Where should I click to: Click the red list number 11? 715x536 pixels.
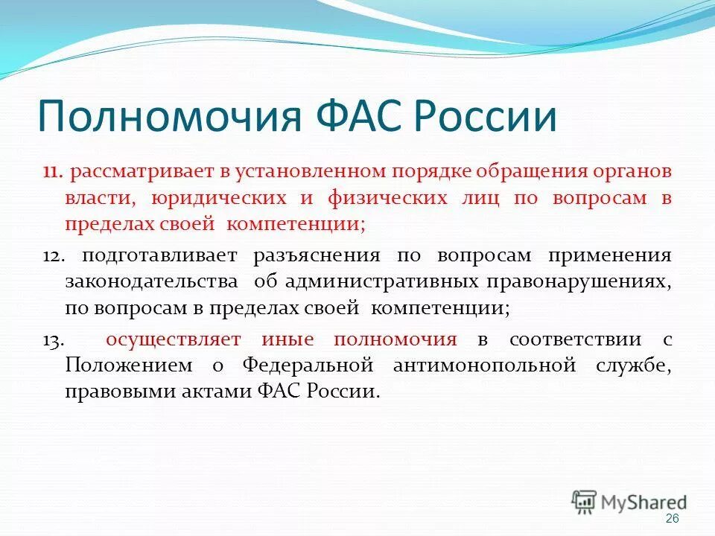click(x=52, y=172)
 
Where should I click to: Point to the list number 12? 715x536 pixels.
click(x=54, y=256)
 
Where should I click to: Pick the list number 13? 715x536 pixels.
click(x=54, y=340)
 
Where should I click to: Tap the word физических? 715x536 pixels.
click(x=387, y=199)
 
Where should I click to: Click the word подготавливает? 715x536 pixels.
click(x=159, y=256)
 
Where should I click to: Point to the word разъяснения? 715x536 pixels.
click(x=317, y=256)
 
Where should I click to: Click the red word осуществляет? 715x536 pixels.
click(x=174, y=340)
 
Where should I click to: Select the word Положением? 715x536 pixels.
click(x=129, y=366)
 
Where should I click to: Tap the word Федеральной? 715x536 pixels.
click(x=308, y=366)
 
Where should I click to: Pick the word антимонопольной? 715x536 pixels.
click(x=485, y=366)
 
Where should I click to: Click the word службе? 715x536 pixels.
click(x=634, y=366)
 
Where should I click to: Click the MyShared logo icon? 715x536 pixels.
click(x=584, y=502)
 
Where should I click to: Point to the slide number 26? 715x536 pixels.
click(x=672, y=519)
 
